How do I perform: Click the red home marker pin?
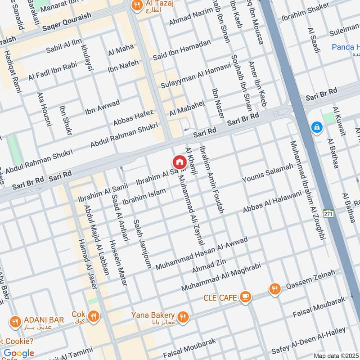pos(179,162)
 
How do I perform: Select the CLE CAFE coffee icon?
pos(245,297)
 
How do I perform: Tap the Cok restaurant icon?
pos(94,316)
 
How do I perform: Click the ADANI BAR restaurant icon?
pos(15,322)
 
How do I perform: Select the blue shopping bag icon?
pos(317,127)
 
